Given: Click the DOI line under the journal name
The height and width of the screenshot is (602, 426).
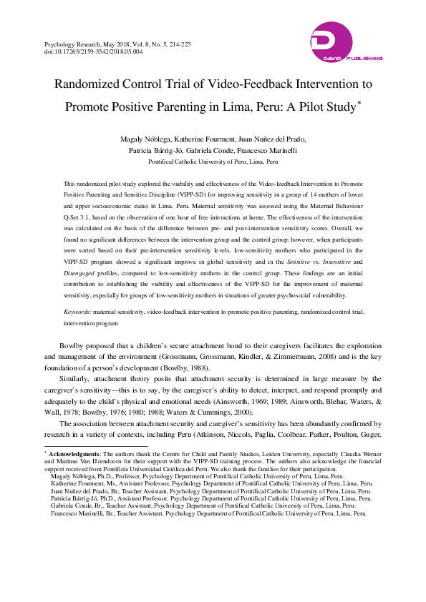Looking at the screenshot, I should [93, 52].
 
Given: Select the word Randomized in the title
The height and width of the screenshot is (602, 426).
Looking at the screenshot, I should [91, 84].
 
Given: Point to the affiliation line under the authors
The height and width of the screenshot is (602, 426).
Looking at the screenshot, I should [213, 162].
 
